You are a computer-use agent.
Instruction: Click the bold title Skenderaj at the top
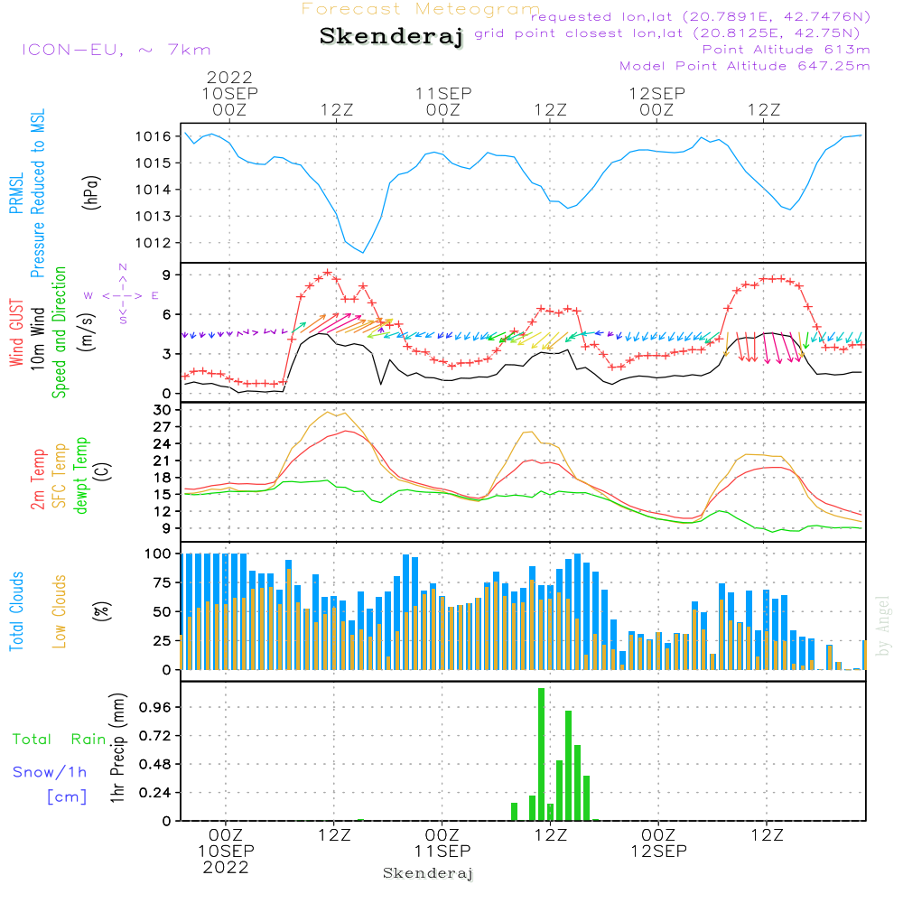coord(392,37)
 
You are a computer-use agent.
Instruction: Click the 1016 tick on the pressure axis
coord(154,136)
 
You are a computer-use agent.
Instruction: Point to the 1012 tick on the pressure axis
coord(154,243)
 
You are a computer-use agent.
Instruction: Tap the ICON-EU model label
coord(116,50)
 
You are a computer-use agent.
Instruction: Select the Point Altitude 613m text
coord(786,50)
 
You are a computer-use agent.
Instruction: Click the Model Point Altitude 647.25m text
coord(744,66)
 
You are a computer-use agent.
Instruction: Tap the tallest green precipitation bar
coord(541,754)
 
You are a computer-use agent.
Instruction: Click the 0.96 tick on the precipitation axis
coord(155,707)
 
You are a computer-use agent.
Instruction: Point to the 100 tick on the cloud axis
coord(158,554)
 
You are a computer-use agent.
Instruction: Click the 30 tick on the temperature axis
coord(163,410)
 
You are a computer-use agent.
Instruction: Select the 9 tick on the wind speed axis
coord(167,275)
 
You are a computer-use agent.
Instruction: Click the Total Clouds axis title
coord(16,611)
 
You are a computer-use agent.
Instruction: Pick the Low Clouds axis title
coord(59,611)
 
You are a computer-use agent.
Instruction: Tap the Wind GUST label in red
coord(16,332)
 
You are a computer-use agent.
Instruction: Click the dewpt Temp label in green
coord(80,475)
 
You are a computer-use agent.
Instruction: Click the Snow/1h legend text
coord(50,772)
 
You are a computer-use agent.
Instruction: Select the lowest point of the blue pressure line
coord(363,252)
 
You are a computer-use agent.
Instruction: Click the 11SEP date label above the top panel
coord(443,93)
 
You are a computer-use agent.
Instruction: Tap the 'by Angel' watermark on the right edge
coord(882,626)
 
